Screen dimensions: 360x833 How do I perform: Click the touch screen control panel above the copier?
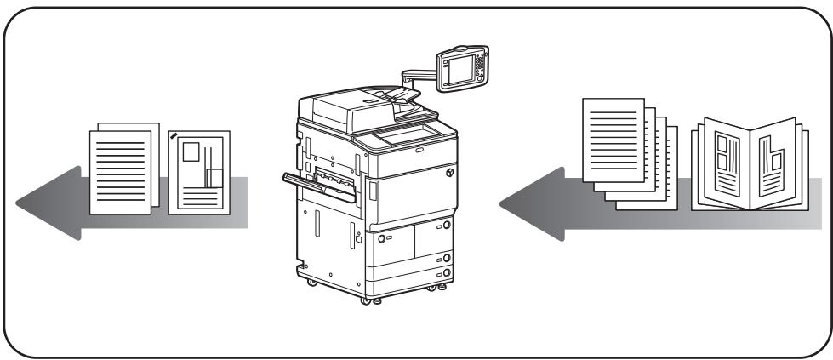pyautogui.click(x=460, y=67)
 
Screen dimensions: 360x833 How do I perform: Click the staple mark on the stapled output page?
pyautogui.click(x=174, y=135)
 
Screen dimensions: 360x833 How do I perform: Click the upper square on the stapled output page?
pyautogui.click(x=191, y=153)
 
